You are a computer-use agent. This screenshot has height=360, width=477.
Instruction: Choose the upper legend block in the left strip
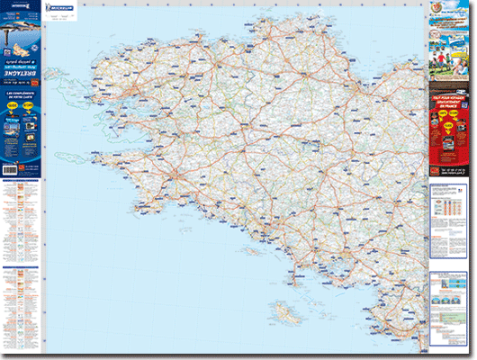click(x=21, y=220)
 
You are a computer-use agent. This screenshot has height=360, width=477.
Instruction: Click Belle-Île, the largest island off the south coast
click(x=287, y=313)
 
